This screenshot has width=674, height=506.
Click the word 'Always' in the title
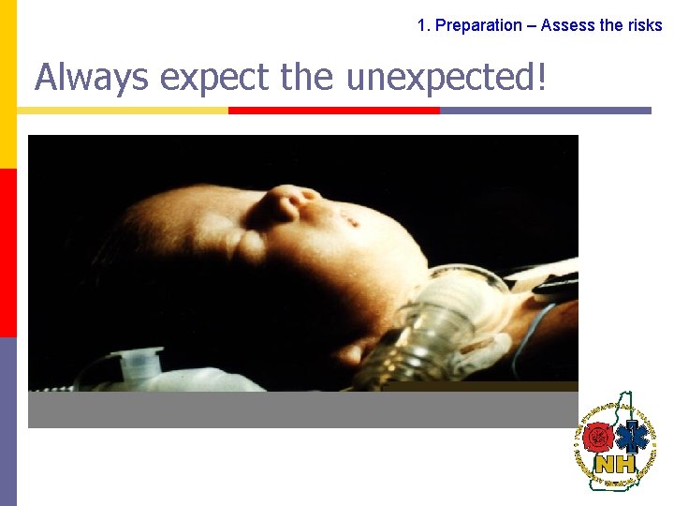coord(91,77)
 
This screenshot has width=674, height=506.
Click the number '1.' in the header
coord(424,25)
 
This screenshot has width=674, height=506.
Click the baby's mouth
coord(351,221)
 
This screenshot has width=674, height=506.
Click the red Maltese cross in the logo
coord(596,437)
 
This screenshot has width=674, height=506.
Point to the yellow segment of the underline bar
coord(123,111)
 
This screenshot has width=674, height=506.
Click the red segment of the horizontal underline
coord(334,111)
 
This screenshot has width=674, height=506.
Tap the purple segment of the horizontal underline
coord(545,111)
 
